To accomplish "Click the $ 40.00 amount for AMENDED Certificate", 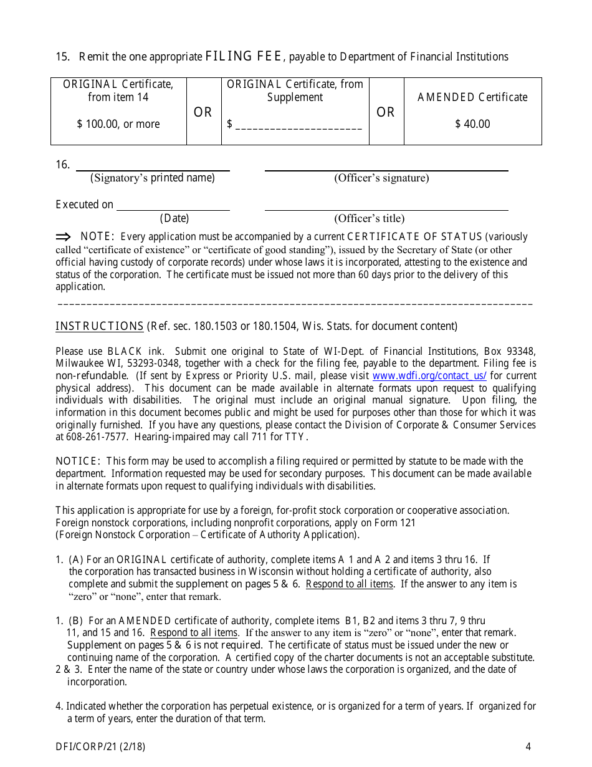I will pos(472,124).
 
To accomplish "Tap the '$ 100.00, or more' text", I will pos(118,124).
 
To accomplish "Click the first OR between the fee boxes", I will pos(203,112).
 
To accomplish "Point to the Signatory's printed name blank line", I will pos(153,170).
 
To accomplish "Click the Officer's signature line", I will pos(386,170).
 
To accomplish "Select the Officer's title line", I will pos(386,210).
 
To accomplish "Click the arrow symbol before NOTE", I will pos(64,236).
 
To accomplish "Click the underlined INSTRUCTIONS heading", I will pos(100,326).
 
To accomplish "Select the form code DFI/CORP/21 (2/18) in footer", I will pos(100,746).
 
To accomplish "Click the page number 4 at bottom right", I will pos(528,746).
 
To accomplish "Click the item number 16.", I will pos(62,165).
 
